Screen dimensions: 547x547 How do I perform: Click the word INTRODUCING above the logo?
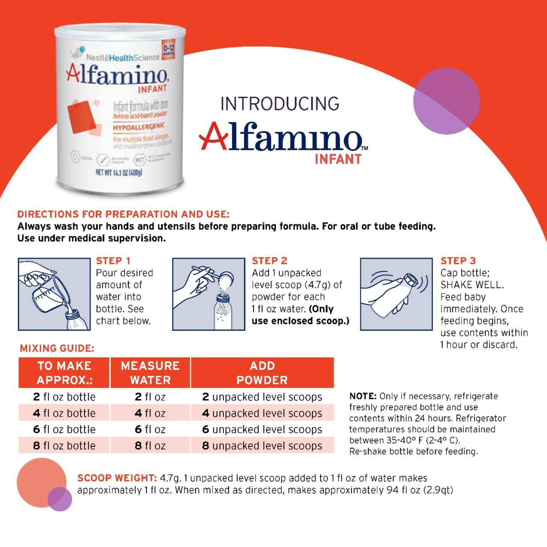(280, 104)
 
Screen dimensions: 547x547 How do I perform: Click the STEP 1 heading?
(113, 260)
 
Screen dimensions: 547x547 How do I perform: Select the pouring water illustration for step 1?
(54, 294)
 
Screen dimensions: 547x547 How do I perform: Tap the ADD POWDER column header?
(262, 373)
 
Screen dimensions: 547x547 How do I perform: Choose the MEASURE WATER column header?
(150, 373)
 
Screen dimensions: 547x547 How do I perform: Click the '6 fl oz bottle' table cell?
(64, 429)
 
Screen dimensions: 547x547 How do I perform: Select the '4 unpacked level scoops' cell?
(262, 413)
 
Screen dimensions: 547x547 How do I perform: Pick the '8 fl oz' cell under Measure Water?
(150, 446)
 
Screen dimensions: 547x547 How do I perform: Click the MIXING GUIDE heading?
(57, 348)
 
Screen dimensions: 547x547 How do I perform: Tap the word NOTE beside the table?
(362, 396)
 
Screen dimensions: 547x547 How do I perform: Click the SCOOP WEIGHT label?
(117, 478)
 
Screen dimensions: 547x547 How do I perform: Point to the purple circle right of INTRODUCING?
(447, 101)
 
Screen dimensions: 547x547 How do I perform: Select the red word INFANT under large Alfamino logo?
(338, 159)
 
